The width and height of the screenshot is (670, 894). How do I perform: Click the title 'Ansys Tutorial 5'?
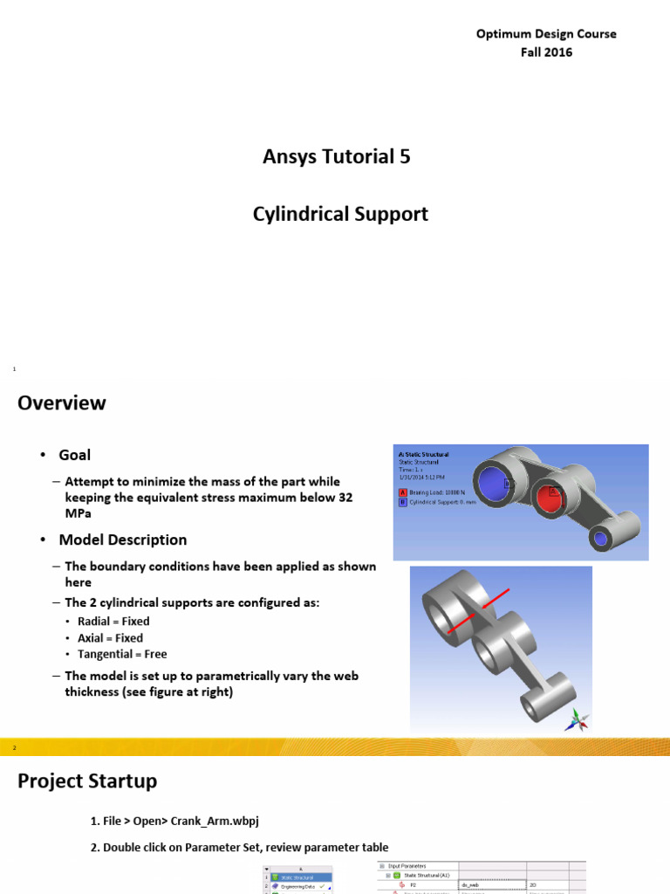coord(336,157)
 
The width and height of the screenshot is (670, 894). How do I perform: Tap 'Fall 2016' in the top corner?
coord(546,52)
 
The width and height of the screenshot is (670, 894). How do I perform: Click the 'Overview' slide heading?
coord(62,403)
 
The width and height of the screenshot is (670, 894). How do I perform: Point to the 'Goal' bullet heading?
coord(74,455)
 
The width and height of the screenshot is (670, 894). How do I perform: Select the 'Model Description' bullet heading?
coord(122,540)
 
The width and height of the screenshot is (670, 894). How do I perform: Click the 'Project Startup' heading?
coord(87,781)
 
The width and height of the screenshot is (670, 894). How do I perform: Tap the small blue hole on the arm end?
coord(600,539)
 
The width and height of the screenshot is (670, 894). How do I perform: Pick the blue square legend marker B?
coord(401,502)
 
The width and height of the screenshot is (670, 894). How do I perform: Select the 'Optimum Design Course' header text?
coord(546,34)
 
